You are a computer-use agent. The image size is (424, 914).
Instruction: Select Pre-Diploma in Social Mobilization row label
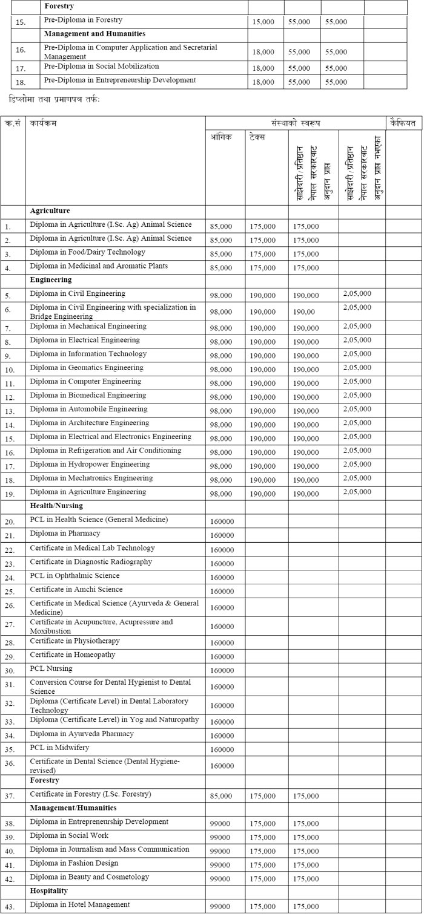point(102,66)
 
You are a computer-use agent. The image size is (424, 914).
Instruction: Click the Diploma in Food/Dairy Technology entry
point(87,252)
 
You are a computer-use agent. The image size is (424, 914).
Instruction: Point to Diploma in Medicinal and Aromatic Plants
point(99,266)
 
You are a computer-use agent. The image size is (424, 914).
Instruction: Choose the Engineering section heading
point(51,280)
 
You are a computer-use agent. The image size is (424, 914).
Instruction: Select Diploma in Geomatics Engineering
point(87,368)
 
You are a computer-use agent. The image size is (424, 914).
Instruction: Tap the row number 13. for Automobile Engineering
point(8,411)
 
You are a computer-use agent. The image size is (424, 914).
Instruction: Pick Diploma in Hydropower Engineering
point(90,465)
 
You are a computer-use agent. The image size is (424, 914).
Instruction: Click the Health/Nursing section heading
point(56,506)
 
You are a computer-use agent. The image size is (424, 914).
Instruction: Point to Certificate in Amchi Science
point(76,590)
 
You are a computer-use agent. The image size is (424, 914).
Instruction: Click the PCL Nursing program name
point(51,669)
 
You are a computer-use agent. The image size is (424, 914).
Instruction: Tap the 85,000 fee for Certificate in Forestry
point(221,796)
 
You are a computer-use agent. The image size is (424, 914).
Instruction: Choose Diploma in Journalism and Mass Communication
point(110,850)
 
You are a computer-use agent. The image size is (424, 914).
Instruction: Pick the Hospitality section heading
point(49,891)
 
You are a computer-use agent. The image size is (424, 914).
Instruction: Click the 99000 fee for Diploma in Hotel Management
point(222,907)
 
